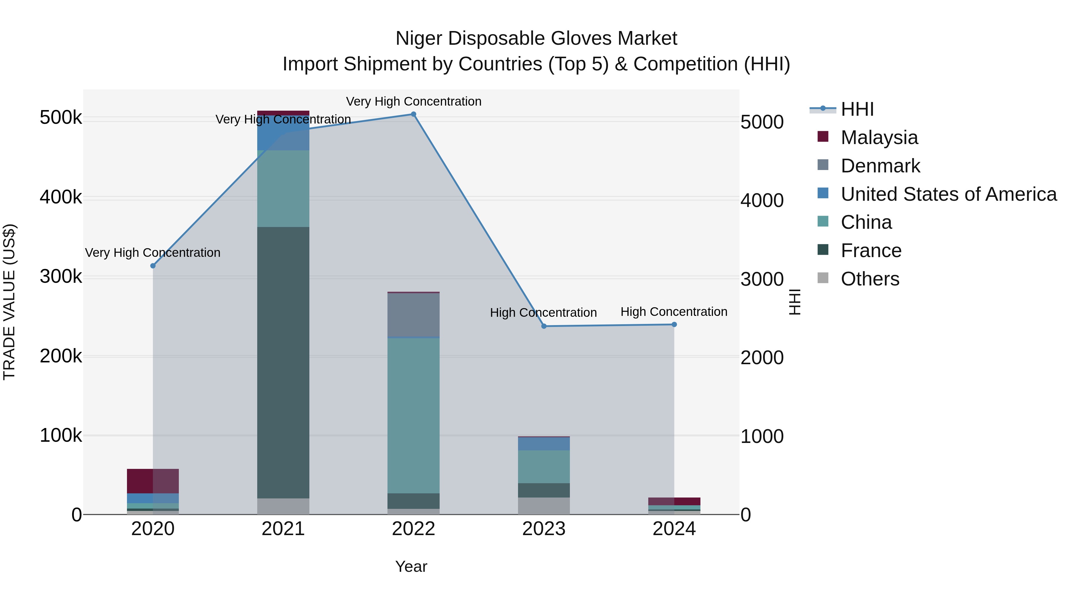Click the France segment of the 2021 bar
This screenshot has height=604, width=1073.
click(x=283, y=363)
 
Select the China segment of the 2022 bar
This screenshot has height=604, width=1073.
click(x=414, y=415)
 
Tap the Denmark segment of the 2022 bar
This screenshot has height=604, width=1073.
click(x=414, y=315)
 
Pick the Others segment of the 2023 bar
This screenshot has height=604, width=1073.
click(x=544, y=506)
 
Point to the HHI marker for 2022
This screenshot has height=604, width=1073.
click(x=414, y=114)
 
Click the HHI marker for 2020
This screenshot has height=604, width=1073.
click(x=153, y=266)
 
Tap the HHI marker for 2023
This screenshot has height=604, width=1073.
click(x=544, y=326)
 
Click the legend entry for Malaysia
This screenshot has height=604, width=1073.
click(x=879, y=138)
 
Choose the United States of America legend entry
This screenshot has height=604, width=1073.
click(x=948, y=194)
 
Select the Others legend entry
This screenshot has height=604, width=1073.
click(x=870, y=279)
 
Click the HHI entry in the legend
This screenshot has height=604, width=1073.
click(x=857, y=109)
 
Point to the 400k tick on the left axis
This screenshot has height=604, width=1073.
click(x=61, y=197)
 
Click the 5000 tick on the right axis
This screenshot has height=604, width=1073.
click(x=762, y=122)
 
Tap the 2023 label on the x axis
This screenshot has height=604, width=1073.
click(x=544, y=529)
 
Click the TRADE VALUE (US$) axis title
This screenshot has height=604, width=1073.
click(x=10, y=302)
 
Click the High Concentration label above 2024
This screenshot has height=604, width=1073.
click(x=674, y=312)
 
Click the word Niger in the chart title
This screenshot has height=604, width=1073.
click(x=419, y=38)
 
